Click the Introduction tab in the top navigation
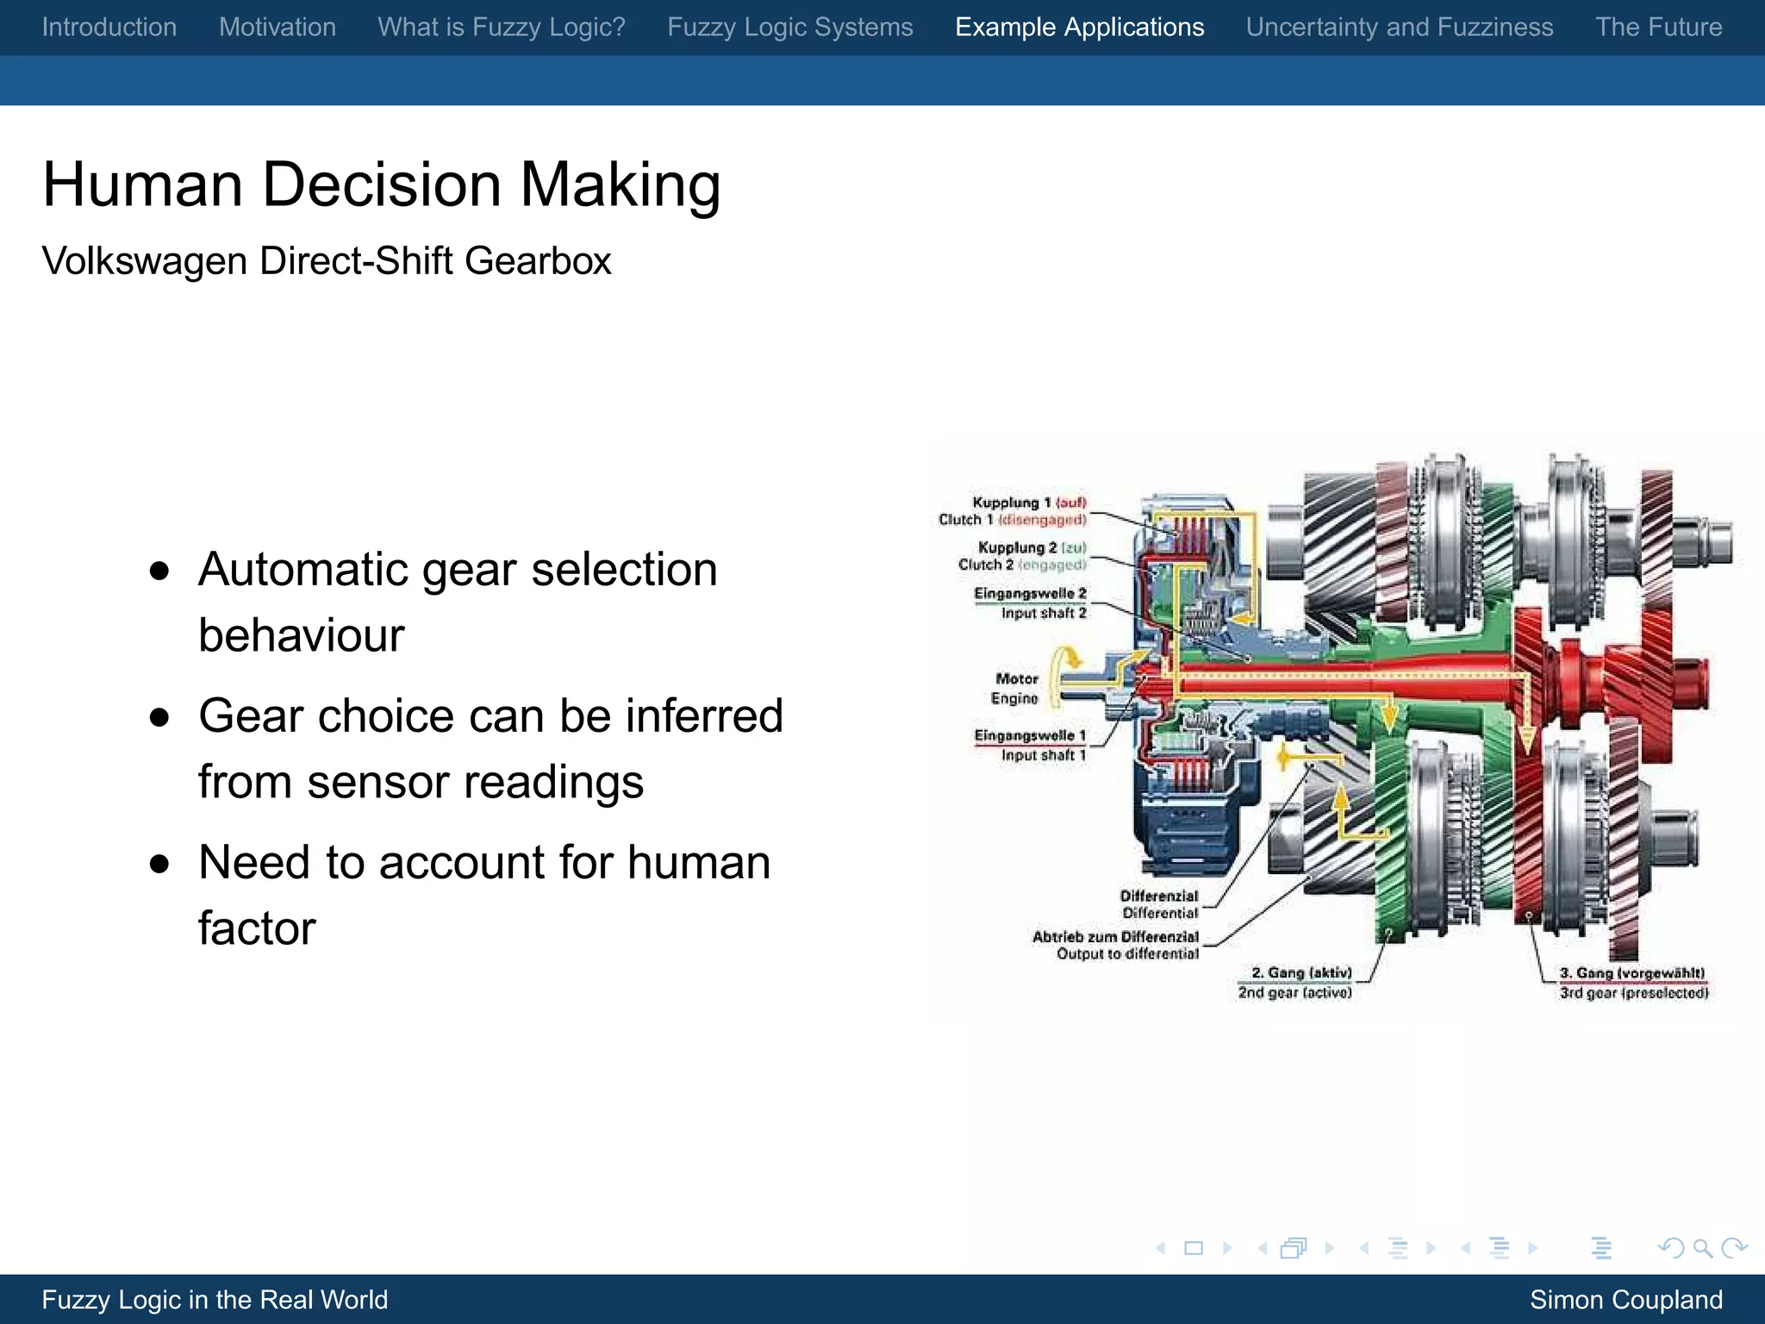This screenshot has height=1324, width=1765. tap(109, 28)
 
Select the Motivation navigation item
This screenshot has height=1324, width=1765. tap(278, 28)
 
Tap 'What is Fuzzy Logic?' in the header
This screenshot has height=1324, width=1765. tap(502, 28)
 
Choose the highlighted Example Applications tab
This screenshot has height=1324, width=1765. tap(1079, 28)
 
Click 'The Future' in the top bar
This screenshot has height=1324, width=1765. tap(1658, 28)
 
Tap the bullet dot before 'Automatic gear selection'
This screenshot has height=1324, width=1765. tap(159, 571)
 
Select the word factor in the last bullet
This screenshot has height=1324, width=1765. tap(257, 928)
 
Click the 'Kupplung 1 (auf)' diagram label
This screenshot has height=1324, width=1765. tap(1028, 503)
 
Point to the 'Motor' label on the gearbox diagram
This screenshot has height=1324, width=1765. tap(1016, 679)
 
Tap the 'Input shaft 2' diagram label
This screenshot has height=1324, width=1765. tap(1043, 613)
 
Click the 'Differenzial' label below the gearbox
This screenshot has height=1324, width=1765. tap(1158, 896)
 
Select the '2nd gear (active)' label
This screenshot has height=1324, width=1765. tap(1294, 993)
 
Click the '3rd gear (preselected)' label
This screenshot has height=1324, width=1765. tap(1633, 993)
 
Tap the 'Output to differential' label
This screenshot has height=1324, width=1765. tap(1127, 954)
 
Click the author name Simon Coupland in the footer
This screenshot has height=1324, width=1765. tap(1625, 1300)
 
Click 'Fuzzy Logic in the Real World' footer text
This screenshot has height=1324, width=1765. tap(215, 1300)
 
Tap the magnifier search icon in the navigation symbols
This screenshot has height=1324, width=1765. tap(1702, 1248)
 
